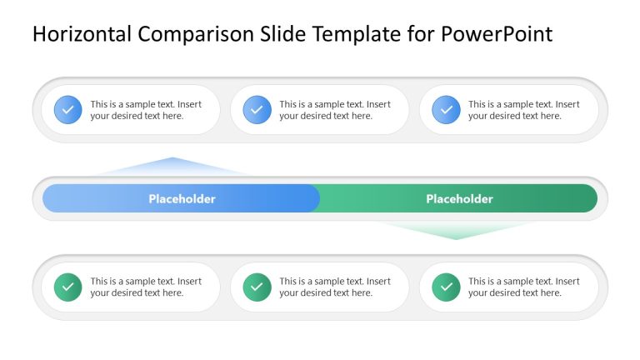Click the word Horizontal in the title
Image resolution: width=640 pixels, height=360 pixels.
(x=82, y=34)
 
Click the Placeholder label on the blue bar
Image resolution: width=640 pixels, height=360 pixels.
(x=182, y=199)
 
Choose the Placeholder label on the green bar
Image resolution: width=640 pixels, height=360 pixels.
(x=459, y=199)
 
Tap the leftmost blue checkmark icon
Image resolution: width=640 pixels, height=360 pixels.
(x=68, y=110)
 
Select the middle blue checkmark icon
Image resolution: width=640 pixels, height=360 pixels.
(x=257, y=110)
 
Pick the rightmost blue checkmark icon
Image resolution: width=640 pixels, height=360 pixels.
(x=446, y=110)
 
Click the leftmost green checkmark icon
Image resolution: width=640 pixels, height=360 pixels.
(x=68, y=287)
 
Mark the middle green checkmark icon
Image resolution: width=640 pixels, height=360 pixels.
(x=257, y=287)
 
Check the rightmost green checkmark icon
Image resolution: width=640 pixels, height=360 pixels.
(x=446, y=287)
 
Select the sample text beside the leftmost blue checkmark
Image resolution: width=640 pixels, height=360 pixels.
(x=146, y=110)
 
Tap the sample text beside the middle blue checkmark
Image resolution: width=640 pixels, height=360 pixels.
(x=335, y=110)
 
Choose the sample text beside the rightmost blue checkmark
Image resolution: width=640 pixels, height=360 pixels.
(x=523, y=110)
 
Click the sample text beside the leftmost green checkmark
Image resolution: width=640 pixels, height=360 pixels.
(x=146, y=287)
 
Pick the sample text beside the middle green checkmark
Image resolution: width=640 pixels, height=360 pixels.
(x=335, y=287)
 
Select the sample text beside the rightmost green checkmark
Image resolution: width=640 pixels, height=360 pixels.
(x=523, y=287)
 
